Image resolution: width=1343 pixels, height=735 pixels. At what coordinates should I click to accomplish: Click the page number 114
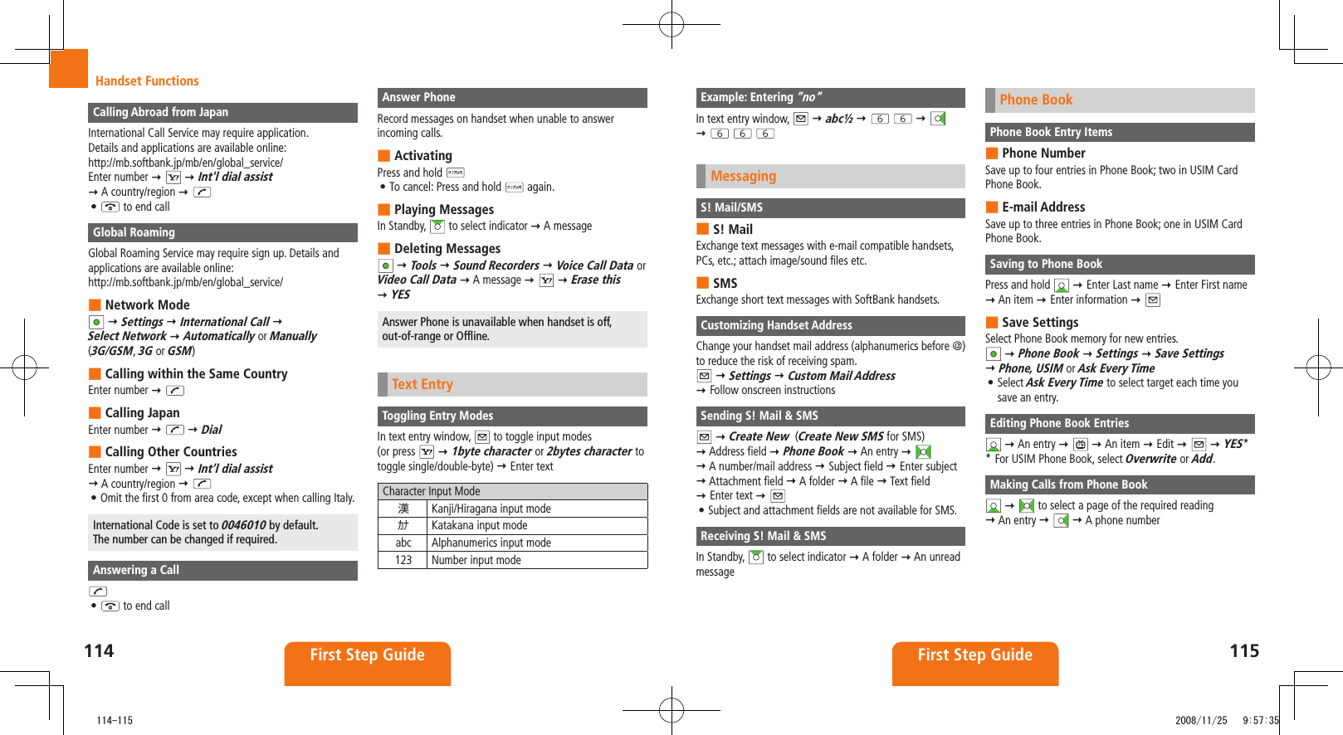point(99,651)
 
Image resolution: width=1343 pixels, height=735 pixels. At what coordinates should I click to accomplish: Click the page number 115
point(1243,651)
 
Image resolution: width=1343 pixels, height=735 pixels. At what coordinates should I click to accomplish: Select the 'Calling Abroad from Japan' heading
point(160,112)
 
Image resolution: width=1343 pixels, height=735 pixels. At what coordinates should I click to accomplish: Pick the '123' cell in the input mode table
point(403,560)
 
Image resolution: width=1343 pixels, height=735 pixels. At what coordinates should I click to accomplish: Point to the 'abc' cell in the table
point(403,543)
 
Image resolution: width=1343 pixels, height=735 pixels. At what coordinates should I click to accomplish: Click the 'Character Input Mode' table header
point(432,491)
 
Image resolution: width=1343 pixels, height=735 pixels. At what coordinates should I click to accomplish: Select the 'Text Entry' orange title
point(422,384)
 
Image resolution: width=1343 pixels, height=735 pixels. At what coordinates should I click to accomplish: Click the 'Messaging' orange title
point(743,176)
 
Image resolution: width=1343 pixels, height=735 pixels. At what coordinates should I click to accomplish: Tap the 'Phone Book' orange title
point(1035,100)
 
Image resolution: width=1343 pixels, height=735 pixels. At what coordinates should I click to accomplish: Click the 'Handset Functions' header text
point(147,80)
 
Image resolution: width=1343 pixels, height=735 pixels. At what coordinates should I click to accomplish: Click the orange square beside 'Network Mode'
point(95,304)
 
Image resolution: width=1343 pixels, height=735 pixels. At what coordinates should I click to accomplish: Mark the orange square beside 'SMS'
point(702,283)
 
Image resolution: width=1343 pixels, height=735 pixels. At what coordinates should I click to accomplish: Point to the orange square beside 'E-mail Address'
point(991,207)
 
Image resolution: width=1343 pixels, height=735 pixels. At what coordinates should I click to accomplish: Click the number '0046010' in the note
point(243,525)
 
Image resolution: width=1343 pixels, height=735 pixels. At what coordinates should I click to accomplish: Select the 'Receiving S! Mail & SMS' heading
point(763,536)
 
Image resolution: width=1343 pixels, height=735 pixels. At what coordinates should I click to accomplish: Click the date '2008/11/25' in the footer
point(1200,720)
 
